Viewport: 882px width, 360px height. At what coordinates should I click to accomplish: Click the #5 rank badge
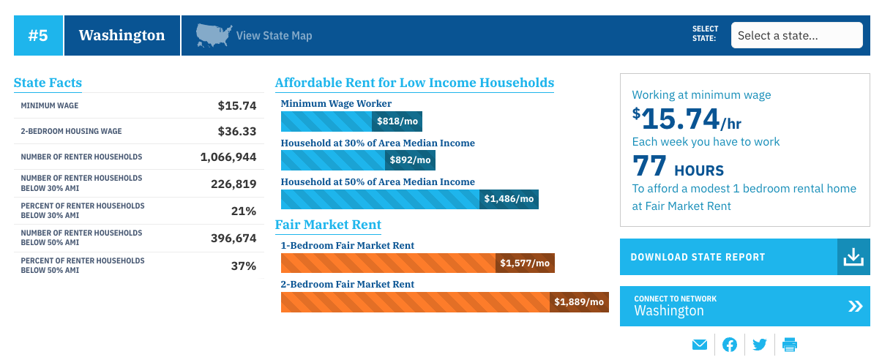tap(38, 35)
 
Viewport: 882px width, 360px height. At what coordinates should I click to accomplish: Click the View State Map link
tap(274, 36)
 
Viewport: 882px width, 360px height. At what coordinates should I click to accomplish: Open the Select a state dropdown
tap(796, 35)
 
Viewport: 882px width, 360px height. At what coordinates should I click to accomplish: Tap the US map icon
tap(214, 35)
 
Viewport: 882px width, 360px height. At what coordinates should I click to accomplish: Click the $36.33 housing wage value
tap(237, 132)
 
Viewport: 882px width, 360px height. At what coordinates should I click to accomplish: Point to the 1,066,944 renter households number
tap(228, 157)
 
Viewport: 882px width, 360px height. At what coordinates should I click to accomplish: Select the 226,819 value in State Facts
tap(233, 184)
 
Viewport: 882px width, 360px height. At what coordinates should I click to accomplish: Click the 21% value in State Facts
tap(243, 211)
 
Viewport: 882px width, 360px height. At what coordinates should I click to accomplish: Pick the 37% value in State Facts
tap(243, 266)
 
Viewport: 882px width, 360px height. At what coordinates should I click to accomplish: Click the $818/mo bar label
tap(397, 121)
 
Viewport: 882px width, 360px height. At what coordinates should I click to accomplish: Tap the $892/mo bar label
tap(411, 160)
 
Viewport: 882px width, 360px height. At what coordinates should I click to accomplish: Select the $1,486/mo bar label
tap(509, 199)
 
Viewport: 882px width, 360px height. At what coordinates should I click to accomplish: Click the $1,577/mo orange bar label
tap(525, 263)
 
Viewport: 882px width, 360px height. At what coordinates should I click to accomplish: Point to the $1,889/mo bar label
tap(579, 302)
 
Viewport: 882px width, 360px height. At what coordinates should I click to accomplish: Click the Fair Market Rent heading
tap(328, 225)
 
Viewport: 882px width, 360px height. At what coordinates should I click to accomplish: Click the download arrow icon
tap(853, 257)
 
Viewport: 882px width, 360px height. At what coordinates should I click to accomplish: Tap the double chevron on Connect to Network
tap(855, 306)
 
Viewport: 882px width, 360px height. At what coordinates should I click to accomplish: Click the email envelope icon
tap(700, 345)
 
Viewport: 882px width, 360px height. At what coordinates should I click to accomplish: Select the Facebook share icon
tap(730, 345)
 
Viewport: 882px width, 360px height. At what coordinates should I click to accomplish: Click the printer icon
tap(790, 345)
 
